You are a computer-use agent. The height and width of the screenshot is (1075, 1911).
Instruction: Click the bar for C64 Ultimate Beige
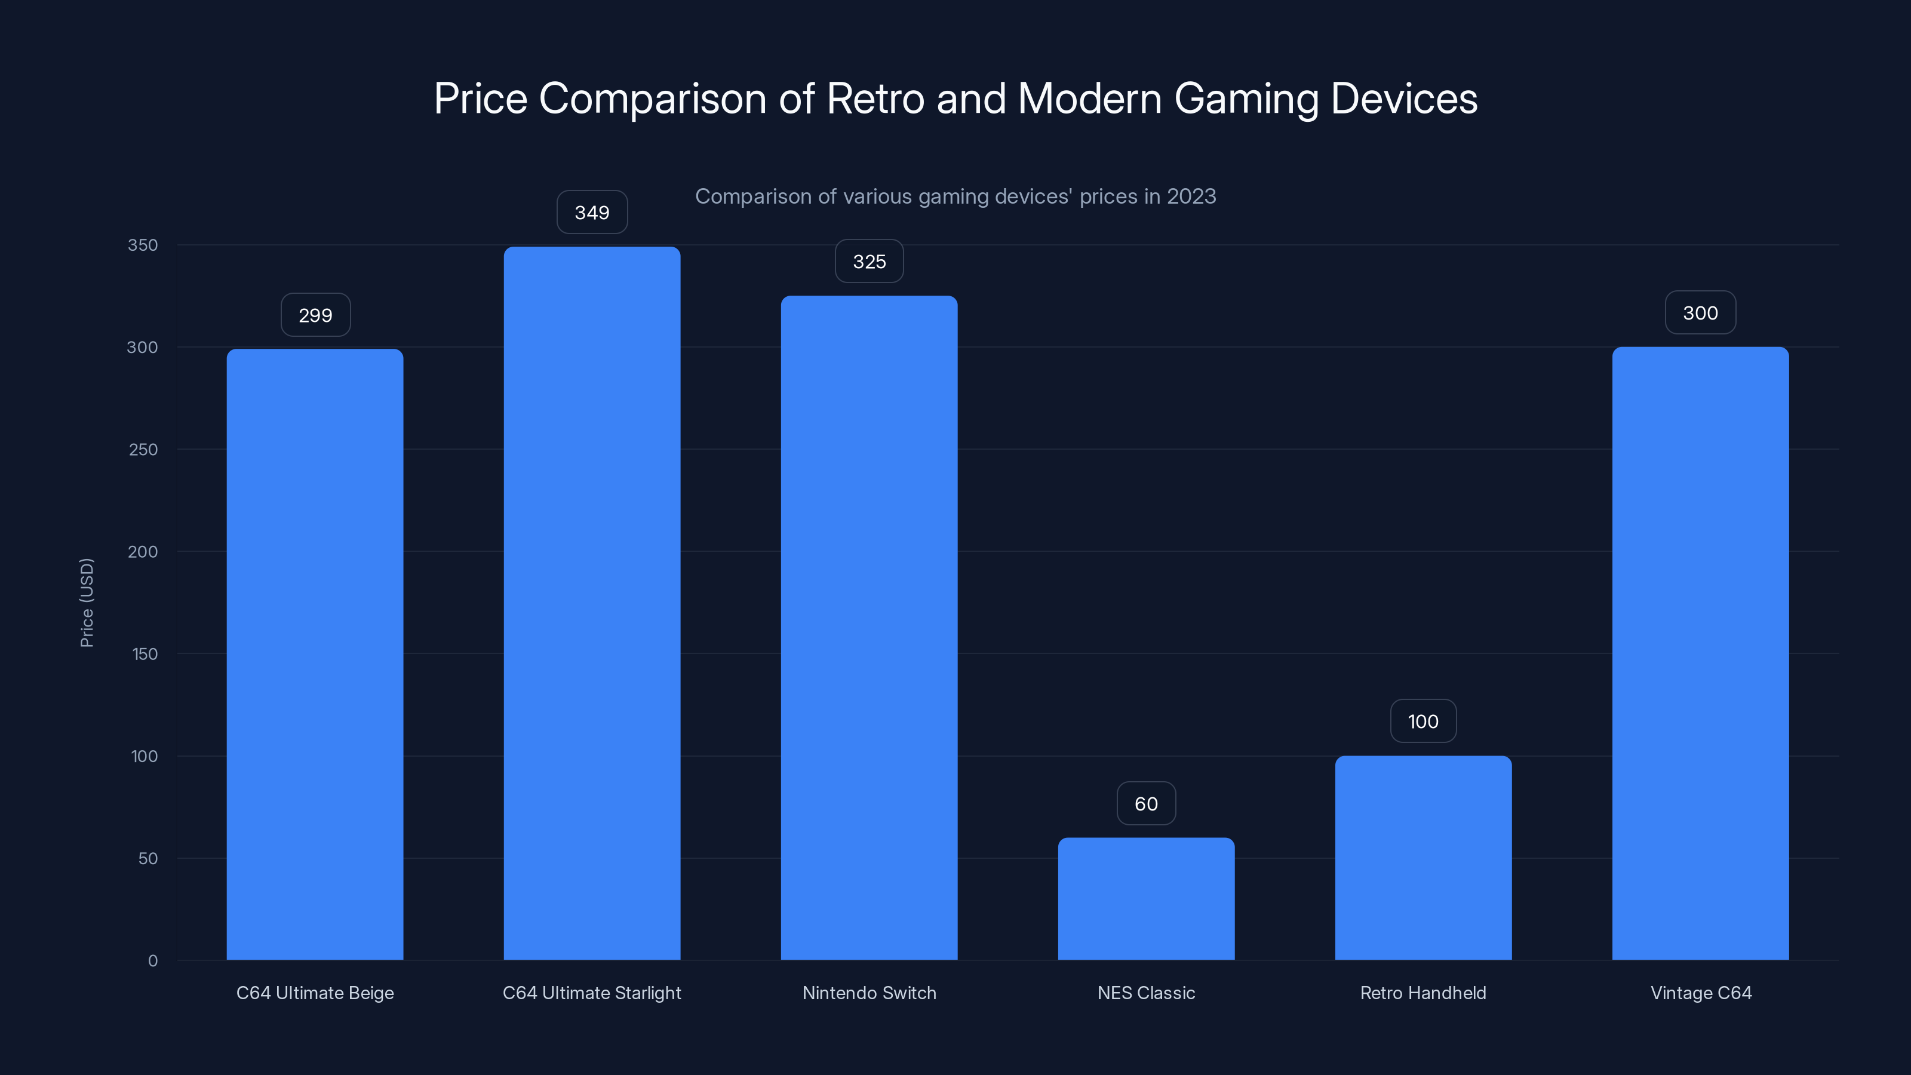(x=315, y=653)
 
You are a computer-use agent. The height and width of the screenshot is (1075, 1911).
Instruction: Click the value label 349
(x=592, y=213)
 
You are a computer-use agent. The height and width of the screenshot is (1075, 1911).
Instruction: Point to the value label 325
(x=869, y=262)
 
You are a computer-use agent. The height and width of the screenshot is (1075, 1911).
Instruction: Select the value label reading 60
(x=1146, y=804)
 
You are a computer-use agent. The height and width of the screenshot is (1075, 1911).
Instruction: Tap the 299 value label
(x=315, y=315)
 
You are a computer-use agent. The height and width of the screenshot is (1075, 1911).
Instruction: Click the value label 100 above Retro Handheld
(x=1423, y=722)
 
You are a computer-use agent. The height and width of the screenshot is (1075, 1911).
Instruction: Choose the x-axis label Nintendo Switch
(x=869, y=993)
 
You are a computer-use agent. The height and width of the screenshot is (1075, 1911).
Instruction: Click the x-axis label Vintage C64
(x=1700, y=993)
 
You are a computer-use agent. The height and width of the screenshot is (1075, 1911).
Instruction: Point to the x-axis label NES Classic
(x=1146, y=993)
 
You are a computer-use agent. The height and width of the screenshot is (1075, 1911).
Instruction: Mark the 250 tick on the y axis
(x=143, y=450)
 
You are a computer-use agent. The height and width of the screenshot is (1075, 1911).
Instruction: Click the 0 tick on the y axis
(x=153, y=961)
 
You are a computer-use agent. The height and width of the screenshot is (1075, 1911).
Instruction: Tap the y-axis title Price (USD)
(x=87, y=603)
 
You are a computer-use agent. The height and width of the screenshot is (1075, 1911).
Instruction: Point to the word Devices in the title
(x=1403, y=99)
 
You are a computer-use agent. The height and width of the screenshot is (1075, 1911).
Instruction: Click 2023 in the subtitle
(x=1191, y=196)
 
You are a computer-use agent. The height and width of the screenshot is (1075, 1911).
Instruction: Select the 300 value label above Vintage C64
(x=1700, y=313)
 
